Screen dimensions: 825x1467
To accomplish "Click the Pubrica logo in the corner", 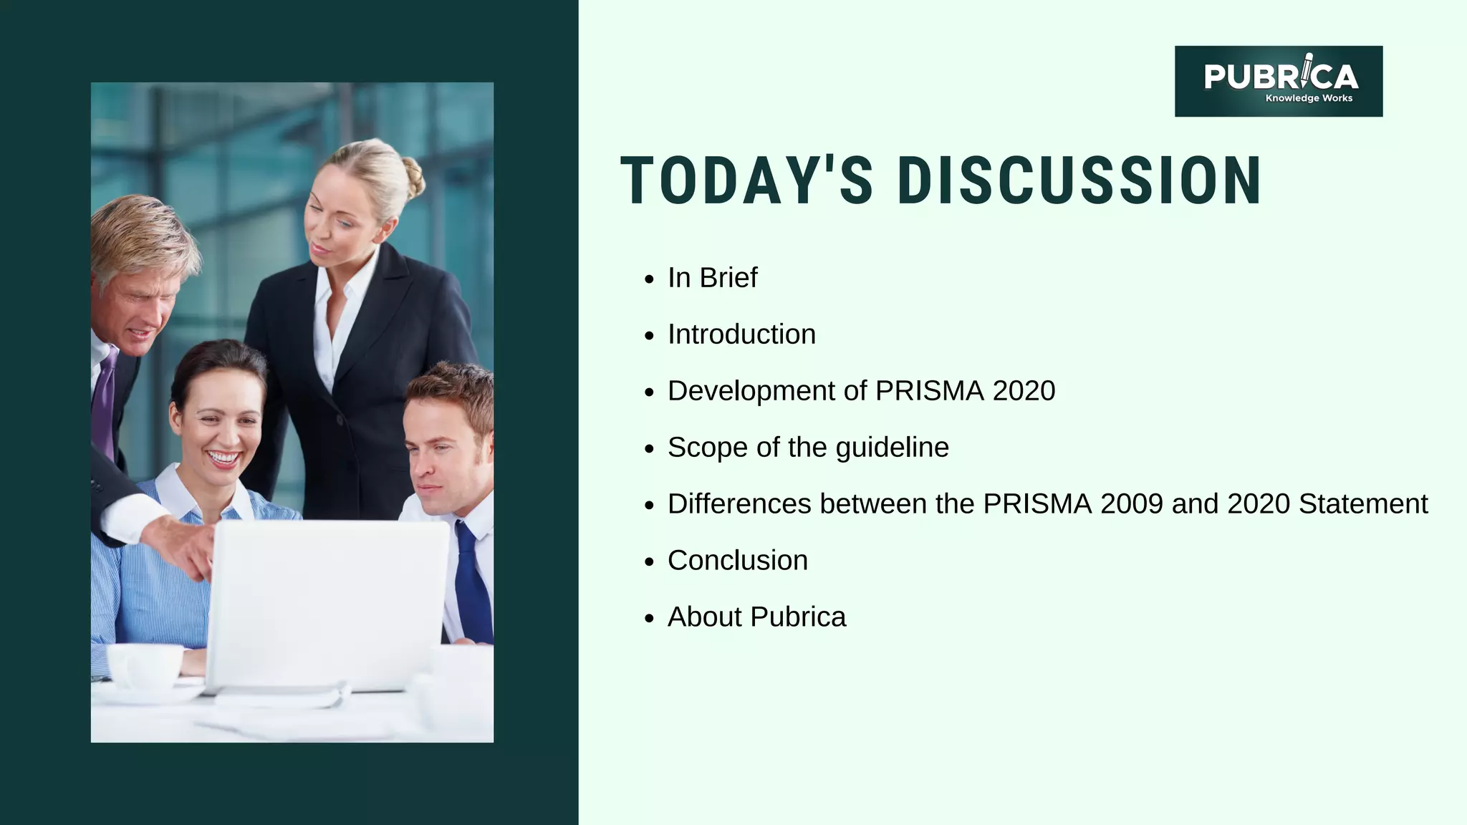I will [1279, 81].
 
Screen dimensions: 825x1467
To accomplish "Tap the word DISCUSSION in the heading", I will [1079, 181].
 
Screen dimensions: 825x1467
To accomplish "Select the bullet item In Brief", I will [712, 278].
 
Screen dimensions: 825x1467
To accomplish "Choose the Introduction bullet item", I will [741, 334].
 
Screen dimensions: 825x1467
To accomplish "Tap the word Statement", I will [1363, 504].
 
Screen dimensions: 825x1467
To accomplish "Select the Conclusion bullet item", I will [737, 561].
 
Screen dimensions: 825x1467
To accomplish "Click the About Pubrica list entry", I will [756, 617].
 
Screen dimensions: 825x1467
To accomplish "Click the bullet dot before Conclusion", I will [650, 561].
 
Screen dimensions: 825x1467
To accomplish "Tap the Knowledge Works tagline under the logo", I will [1309, 98].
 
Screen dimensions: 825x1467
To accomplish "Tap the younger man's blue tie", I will [472, 587].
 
